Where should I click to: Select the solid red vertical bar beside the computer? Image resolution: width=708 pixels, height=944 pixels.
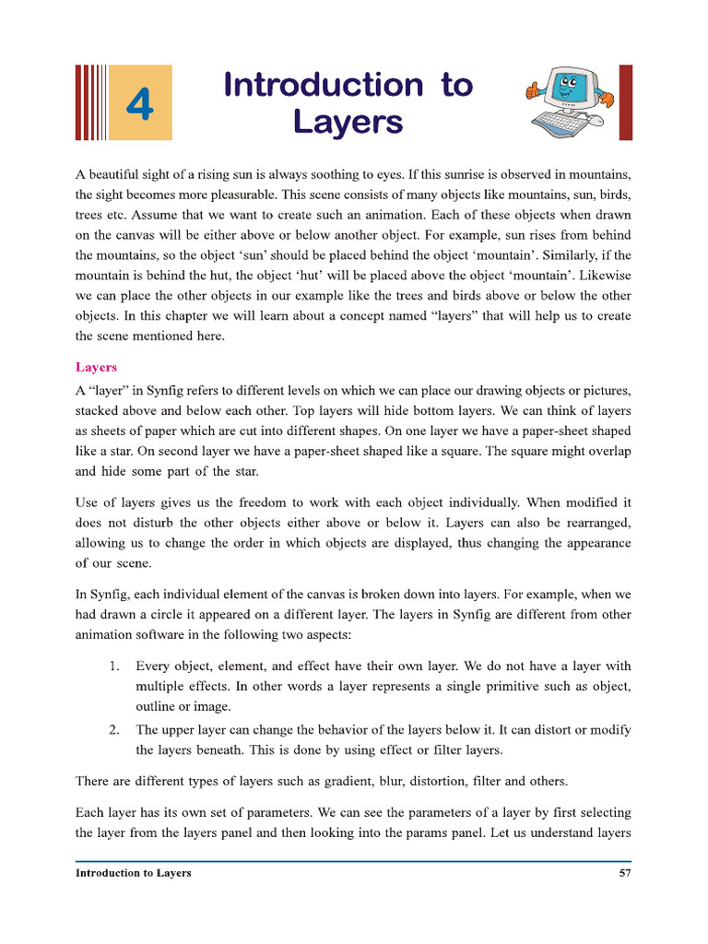[625, 101]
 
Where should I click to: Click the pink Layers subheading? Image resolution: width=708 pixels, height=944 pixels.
[96, 367]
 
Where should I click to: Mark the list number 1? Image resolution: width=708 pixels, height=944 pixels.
[114, 666]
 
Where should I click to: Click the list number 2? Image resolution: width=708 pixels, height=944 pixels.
[114, 730]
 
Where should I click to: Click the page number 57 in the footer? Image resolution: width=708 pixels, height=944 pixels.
[624, 872]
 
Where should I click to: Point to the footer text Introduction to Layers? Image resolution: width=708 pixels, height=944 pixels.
[134, 872]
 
